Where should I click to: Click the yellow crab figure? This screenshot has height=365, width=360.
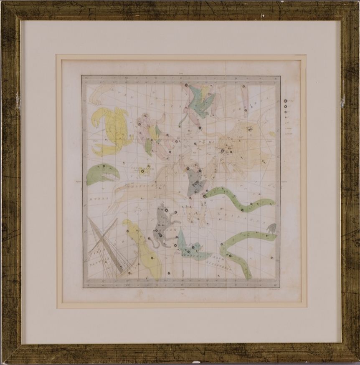[113, 131]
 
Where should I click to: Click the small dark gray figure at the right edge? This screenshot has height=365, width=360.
[271, 227]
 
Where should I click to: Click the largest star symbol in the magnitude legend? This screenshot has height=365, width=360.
[285, 101]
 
